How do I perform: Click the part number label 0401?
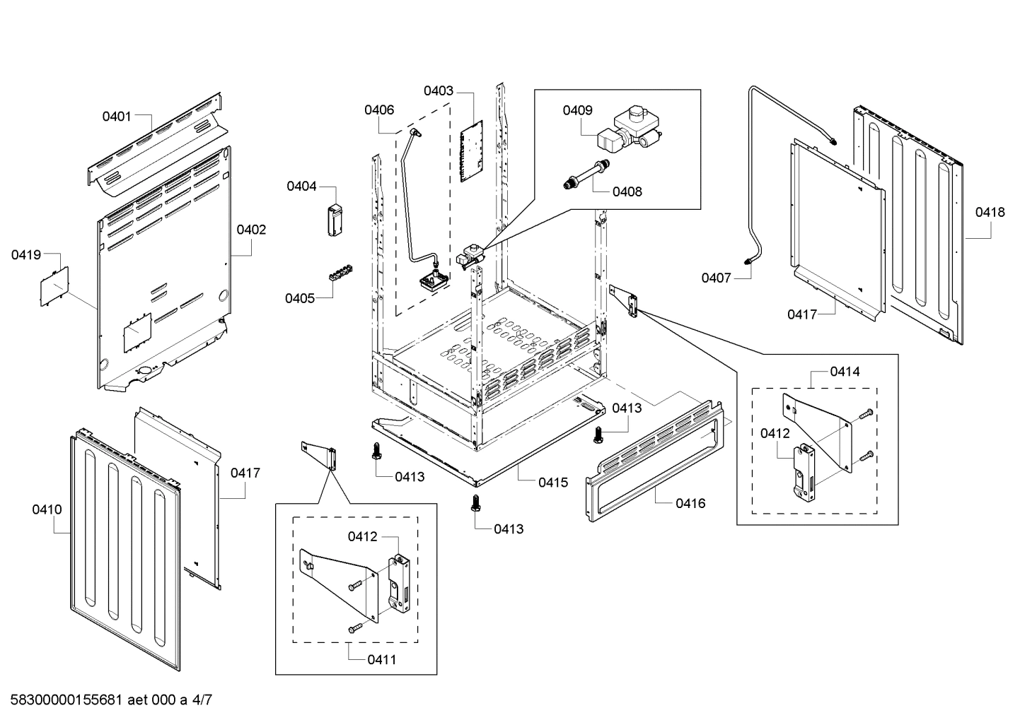117,116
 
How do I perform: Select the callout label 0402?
251,230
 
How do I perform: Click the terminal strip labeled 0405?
340,273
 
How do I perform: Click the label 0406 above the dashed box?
379,110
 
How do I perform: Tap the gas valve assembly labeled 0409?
628,131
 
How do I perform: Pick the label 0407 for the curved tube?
716,278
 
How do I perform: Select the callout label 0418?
990,212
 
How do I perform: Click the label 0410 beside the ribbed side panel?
47,509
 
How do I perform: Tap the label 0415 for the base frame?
552,483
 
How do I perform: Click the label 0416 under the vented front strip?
690,503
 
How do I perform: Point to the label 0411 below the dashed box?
381,659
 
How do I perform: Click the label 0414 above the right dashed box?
845,371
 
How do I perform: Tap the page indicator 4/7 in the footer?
202,701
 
